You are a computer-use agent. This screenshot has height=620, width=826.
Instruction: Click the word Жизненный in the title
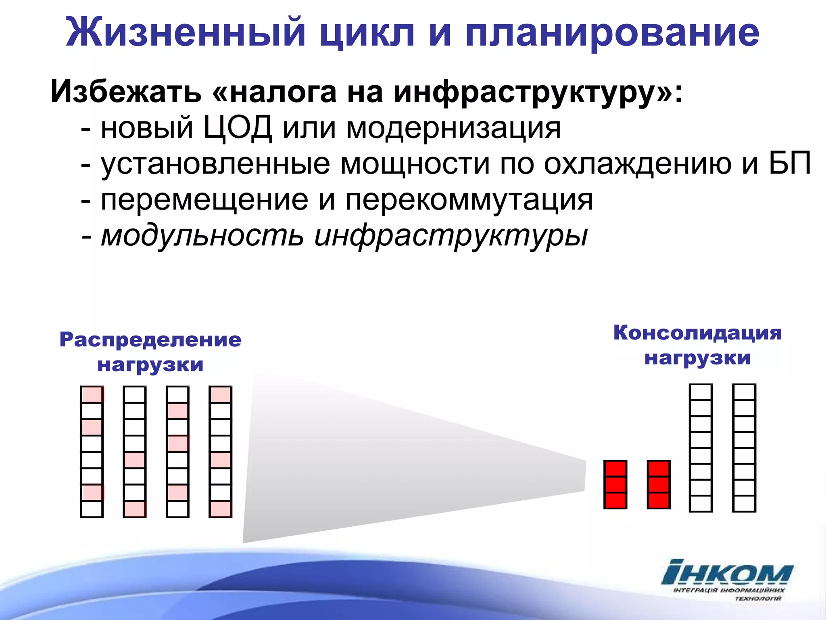(x=186, y=32)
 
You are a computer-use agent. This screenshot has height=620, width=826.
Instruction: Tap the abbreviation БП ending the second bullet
(x=790, y=163)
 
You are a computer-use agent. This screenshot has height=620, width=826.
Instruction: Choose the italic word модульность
(x=202, y=236)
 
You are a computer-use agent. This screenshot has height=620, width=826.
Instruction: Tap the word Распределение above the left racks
(x=150, y=340)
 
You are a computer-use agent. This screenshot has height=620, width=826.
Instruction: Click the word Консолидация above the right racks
(x=697, y=333)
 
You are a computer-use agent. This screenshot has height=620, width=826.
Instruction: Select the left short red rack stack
(x=615, y=484)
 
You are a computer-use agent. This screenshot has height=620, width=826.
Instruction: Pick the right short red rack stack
(x=658, y=484)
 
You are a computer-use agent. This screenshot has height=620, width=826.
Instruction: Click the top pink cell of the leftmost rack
(x=92, y=394)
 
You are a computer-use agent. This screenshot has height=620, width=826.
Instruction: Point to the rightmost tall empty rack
(x=744, y=448)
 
